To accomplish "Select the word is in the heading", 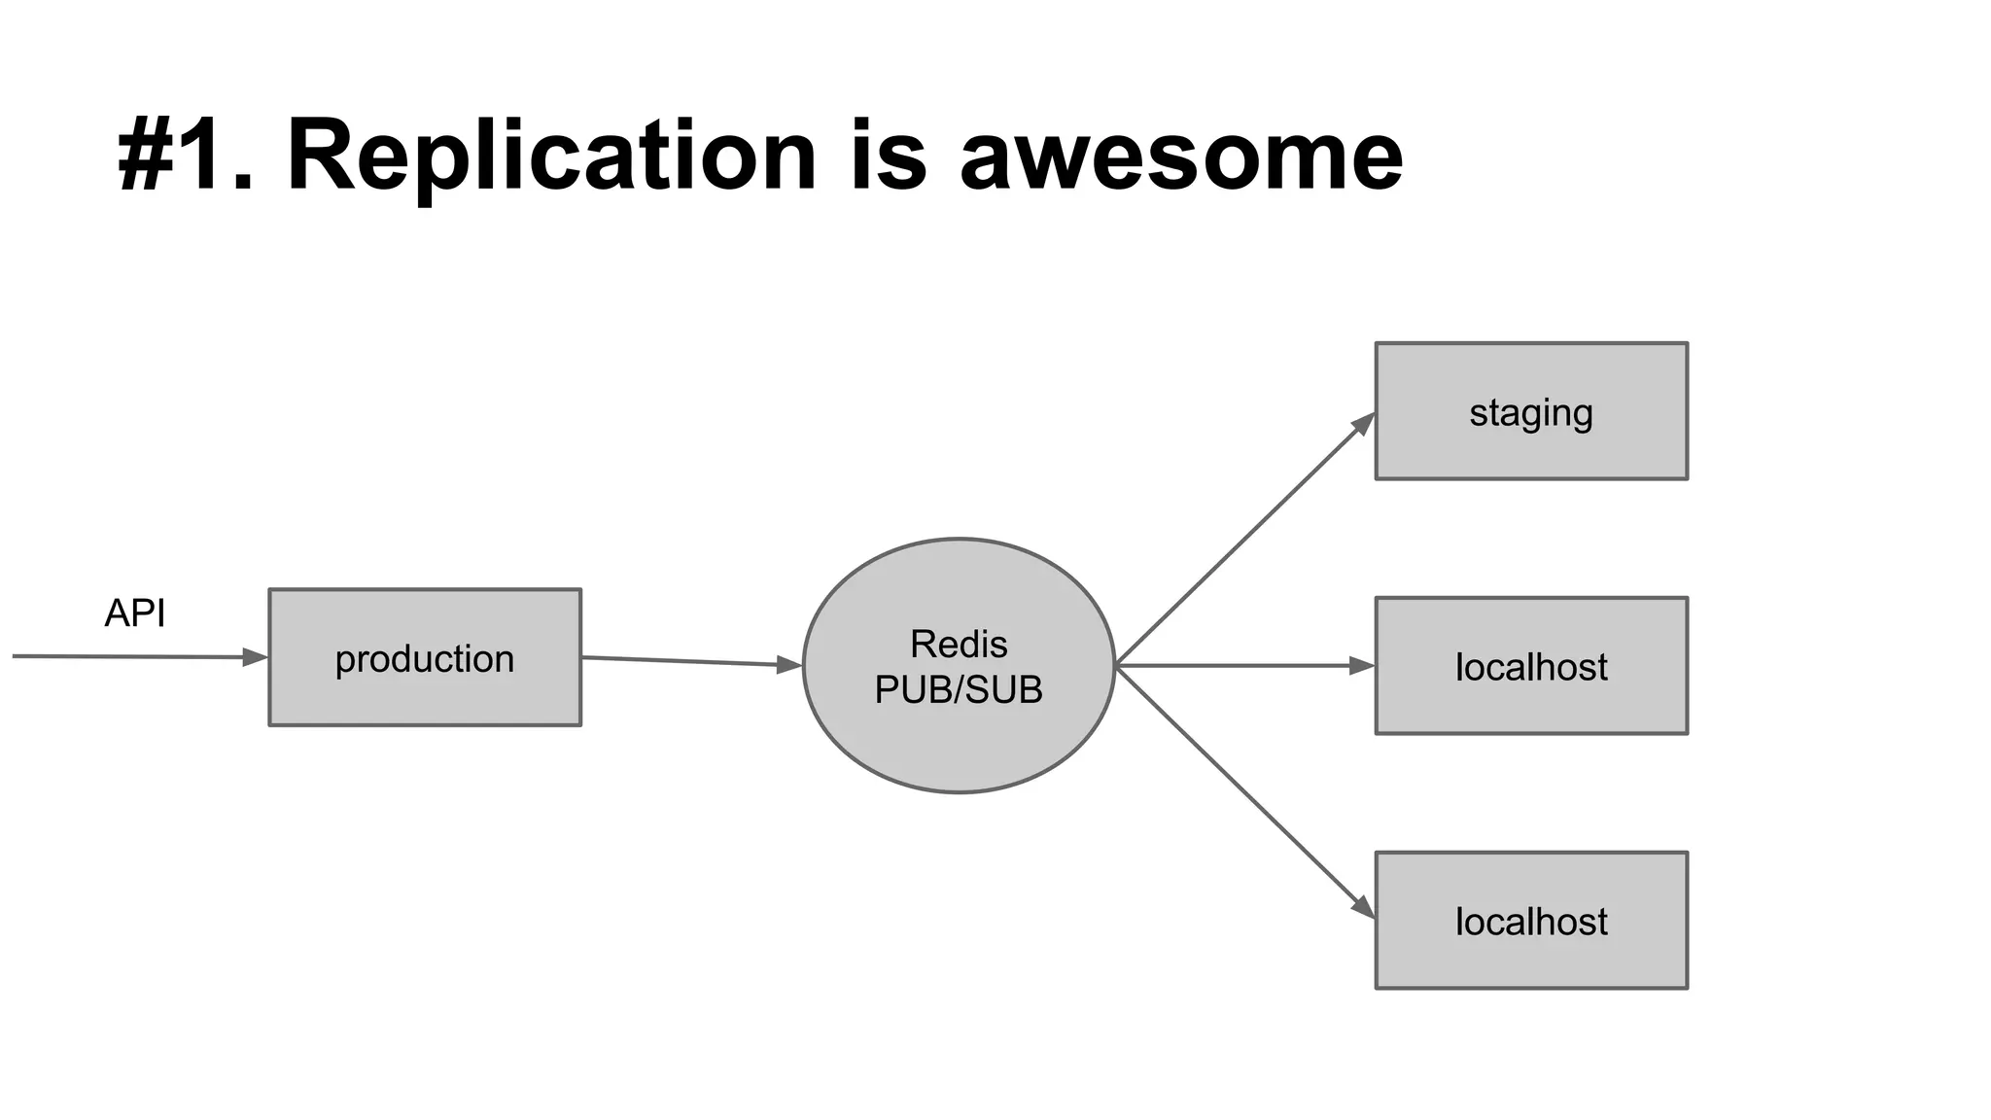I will [x=889, y=157].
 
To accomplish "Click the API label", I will [x=134, y=613].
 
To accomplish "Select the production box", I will [x=425, y=657].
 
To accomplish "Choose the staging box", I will [x=1531, y=411].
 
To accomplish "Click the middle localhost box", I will [x=1531, y=666].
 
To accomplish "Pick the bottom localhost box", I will [x=1531, y=921].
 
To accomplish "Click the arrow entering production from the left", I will [x=126, y=656].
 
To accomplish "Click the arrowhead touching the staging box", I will [x=1364, y=423].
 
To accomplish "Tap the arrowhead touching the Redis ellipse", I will [x=789, y=665].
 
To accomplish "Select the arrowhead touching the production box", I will [x=255, y=657].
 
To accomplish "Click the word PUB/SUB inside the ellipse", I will [x=959, y=689].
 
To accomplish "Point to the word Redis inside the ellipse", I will [x=959, y=644].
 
